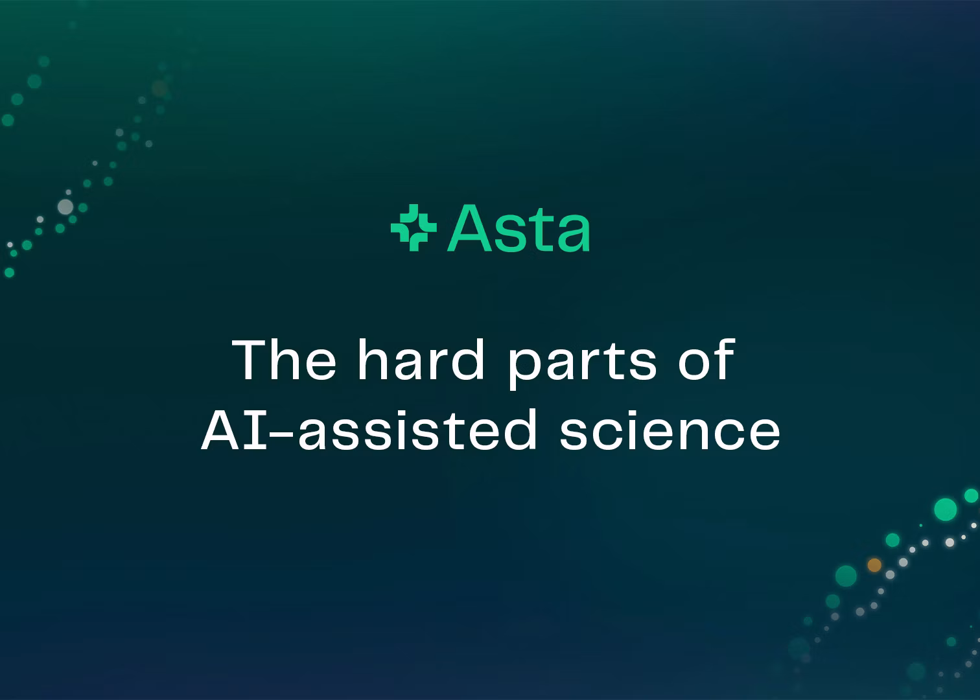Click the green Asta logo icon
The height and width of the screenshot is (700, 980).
coord(414,227)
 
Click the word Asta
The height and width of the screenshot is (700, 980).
coord(519,228)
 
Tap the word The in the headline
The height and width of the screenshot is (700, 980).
coord(284,360)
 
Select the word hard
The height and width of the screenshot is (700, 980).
coord(421,359)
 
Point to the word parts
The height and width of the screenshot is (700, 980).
coord(583,365)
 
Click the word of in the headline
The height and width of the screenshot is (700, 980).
coord(706,359)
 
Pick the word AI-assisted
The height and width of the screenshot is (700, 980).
coord(369,429)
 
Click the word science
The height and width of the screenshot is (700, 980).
coord(670,429)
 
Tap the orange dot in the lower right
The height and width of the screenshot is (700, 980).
coord(874,565)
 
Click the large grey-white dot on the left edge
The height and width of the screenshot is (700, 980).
coord(65,207)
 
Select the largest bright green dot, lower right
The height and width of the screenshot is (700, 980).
coord(946,509)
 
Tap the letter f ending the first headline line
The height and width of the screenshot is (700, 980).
coord(724,359)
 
